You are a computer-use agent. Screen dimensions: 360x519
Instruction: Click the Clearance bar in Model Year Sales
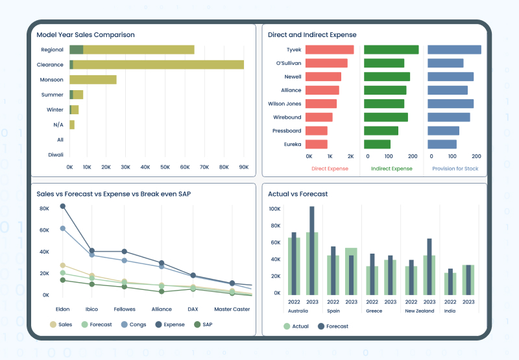click(x=156, y=65)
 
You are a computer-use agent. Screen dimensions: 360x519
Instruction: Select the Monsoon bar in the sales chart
click(x=93, y=80)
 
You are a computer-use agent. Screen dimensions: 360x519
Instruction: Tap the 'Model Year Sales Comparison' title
click(x=86, y=35)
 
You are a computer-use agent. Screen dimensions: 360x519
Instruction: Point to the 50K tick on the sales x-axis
click(x=165, y=167)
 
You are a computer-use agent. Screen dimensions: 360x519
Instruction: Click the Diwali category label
click(x=55, y=155)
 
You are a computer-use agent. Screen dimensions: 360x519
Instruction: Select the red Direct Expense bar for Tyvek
click(x=330, y=50)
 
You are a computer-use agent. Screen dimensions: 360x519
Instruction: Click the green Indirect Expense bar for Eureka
click(x=377, y=145)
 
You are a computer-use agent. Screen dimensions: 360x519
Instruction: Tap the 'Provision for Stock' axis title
click(x=456, y=169)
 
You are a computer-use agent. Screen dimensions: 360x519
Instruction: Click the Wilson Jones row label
click(x=284, y=104)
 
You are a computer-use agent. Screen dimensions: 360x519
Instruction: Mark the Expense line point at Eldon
click(x=63, y=206)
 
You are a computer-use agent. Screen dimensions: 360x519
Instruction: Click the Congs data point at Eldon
click(x=63, y=228)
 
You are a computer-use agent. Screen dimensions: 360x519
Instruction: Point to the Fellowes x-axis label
click(x=125, y=309)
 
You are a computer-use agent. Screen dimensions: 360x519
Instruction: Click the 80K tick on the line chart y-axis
click(x=44, y=209)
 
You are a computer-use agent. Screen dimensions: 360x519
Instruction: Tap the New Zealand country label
click(x=420, y=311)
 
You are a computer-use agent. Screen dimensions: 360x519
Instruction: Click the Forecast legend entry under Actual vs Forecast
click(x=334, y=326)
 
